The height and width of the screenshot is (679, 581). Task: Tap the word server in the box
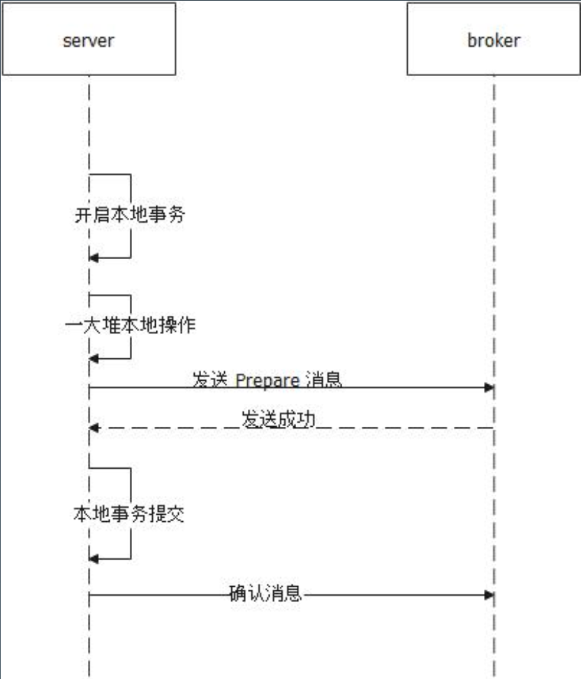[x=88, y=41]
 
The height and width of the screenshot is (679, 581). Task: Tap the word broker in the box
[x=494, y=41]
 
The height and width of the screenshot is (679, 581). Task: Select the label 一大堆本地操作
[x=130, y=326]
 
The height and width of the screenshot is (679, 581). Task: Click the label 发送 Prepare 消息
[x=267, y=379]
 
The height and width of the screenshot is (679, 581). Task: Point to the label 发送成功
[x=278, y=419]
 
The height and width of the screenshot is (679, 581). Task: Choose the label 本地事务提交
[x=129, y=515]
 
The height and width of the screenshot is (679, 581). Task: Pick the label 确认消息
[x=265, y=594]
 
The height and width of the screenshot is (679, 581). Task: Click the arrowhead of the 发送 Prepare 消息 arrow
[x=490, y=388]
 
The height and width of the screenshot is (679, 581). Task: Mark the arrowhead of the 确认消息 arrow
[x=490, y=594]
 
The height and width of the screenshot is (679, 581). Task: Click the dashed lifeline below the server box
[x=89, y=126]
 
